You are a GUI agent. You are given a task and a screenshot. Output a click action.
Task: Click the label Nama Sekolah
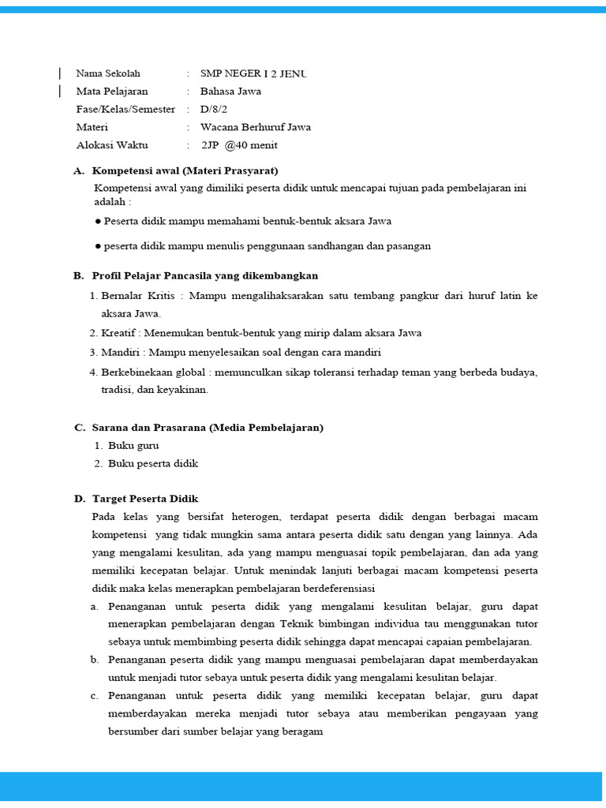coord(108,73)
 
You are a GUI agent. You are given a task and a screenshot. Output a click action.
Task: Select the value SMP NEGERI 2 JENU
coord(253,73)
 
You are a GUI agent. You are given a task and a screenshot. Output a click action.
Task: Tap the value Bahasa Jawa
coord(230,91)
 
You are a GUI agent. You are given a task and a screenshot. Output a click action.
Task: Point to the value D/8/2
coord(214,109)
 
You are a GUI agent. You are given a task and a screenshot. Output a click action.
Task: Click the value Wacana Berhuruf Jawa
coord(256,127)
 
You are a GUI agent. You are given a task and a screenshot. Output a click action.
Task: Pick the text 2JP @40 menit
coord(239,145)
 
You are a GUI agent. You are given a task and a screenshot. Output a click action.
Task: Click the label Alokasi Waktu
coord(112,145)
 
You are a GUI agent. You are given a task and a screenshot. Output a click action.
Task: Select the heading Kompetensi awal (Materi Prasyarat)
coord(185,170)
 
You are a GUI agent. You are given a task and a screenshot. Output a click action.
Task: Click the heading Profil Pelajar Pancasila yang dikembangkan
coord(205,275)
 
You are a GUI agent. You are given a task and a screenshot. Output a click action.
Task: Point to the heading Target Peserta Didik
coord(145,499)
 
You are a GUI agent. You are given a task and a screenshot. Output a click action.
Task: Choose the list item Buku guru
coord(133,446)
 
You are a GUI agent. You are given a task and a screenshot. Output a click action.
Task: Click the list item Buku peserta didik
coord(153,464)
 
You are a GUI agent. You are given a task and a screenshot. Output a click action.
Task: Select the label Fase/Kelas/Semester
coord(125,109)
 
